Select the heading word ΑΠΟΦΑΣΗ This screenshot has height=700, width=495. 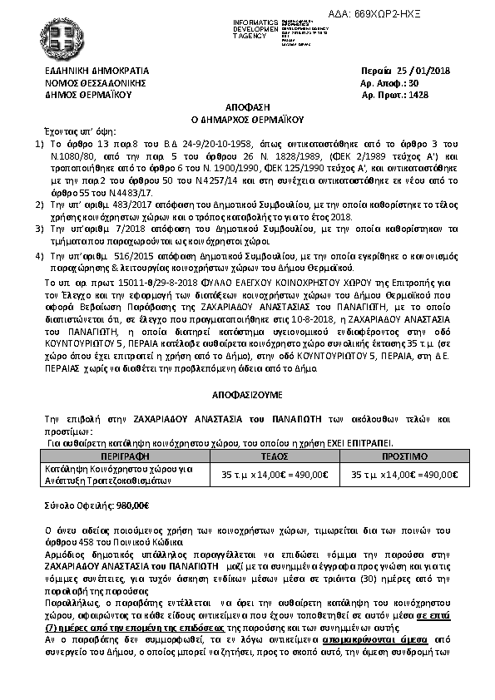[247, 108]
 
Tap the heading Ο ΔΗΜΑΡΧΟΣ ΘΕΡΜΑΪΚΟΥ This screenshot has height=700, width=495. [247, 119]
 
